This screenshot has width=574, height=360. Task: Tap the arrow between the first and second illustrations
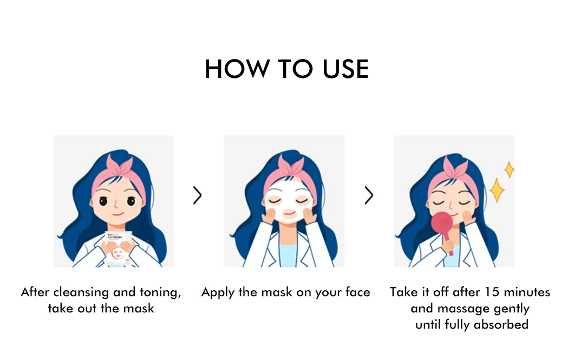[197, 195]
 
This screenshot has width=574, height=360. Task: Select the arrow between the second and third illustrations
[369, 195]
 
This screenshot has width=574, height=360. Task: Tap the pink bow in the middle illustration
[291, 165]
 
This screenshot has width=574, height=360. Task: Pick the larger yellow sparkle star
[497, 190]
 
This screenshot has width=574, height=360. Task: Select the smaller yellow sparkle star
[509, 170]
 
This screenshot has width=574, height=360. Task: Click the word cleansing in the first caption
[81, 292]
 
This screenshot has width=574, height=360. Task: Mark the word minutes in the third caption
[527, 292]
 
